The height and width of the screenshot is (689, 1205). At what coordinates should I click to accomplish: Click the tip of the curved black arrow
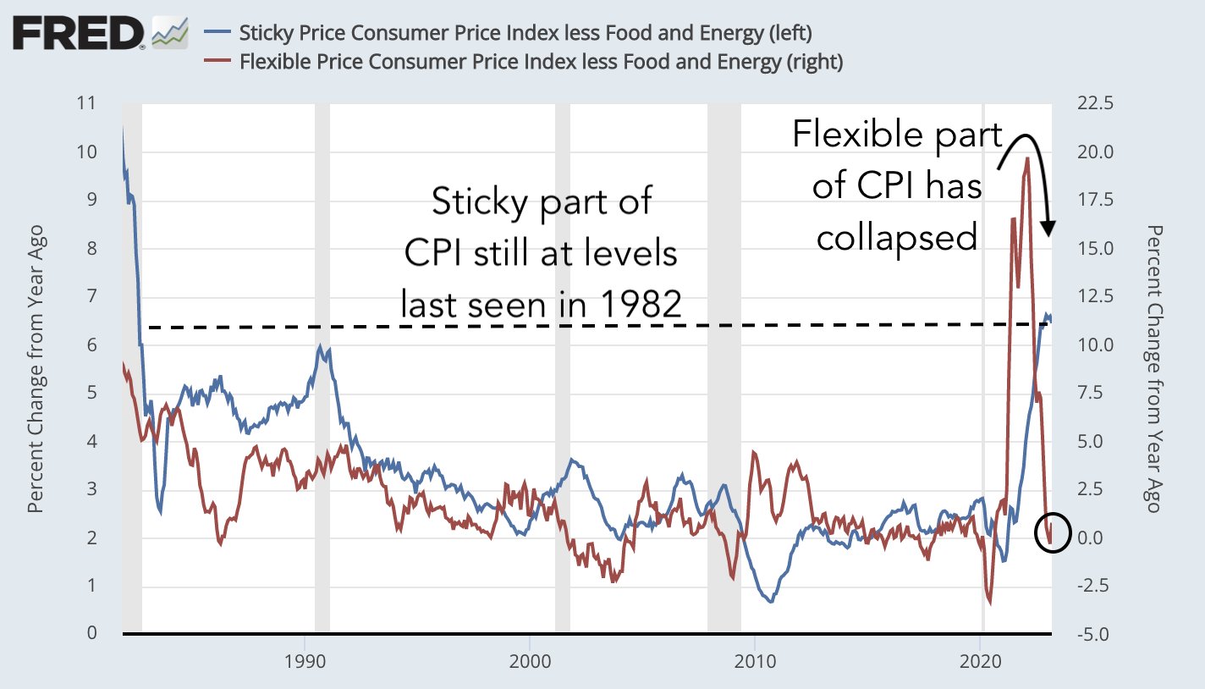(1048, 234)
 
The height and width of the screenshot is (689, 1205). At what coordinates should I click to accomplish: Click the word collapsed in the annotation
(897, 238)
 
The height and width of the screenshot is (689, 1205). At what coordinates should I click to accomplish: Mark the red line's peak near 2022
(1027, 157)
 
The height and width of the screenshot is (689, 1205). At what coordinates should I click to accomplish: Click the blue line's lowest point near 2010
(770, 601)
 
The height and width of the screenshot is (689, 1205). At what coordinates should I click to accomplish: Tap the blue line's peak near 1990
(321, 346)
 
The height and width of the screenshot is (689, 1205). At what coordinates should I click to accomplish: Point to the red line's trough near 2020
(989, 604)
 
